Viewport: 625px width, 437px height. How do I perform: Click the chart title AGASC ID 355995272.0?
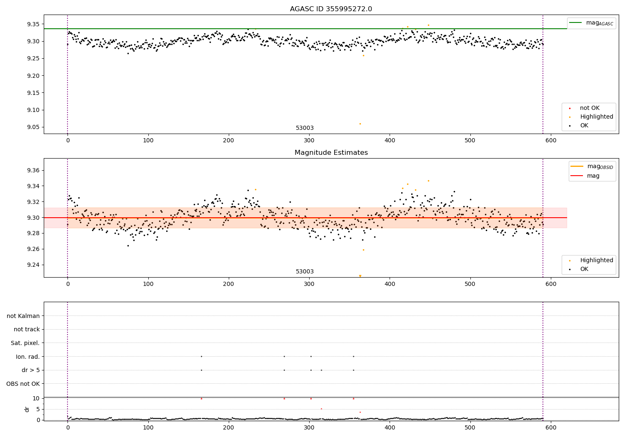tap(331, 9)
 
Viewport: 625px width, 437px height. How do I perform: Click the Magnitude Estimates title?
tap(331, 153)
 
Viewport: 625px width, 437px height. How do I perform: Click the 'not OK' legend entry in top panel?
tap(590, 108)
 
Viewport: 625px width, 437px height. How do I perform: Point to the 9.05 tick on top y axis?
tap(33, 127)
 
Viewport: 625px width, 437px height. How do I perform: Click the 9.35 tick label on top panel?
tap(33, 24)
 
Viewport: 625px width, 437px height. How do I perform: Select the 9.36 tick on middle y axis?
tap(33, 170)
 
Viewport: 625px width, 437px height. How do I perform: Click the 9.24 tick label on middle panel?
tap(33, 265)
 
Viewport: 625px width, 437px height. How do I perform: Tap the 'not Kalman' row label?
tap(23, 316)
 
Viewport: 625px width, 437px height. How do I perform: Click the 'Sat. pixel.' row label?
tap(25, 343)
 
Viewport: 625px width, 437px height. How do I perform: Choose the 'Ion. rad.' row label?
tap(28, 357)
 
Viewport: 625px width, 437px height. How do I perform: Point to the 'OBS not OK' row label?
tap(23, 384)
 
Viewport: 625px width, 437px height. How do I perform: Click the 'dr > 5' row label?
tap(31, 370)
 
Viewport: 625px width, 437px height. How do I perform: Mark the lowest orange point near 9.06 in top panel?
tap(360, 124)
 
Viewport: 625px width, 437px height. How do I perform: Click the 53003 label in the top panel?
tap(305, 128)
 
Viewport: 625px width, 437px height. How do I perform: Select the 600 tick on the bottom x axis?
tap(551, 427)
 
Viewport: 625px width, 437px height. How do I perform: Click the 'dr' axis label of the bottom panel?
tap(27, 409)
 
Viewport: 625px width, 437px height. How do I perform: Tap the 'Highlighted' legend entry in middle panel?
tap(596, 261)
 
